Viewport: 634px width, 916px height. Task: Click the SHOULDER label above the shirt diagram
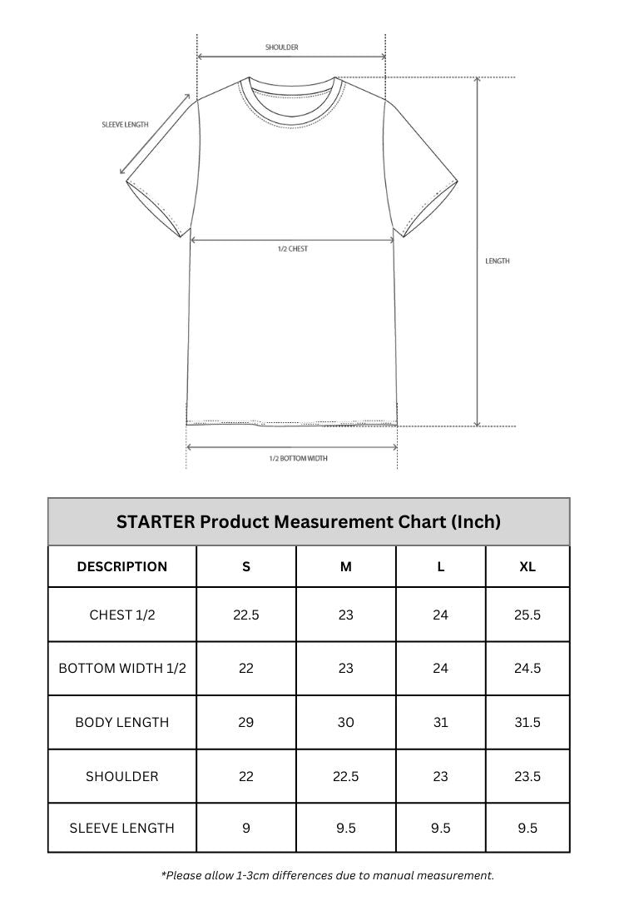coord(281,47)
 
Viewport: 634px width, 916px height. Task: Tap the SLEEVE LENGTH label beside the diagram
coord(125,125)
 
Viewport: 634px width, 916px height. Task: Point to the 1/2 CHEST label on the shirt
coord(293,249)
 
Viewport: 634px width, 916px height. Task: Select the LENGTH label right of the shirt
coord(498,261)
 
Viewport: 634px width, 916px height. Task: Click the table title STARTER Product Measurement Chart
coord(309,522)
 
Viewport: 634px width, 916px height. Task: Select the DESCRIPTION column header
coord(122,567)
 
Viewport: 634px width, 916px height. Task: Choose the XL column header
coord(528,567)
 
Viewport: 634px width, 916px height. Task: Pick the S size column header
coord(246,567)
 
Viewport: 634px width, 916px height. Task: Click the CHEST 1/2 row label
coord(122,615)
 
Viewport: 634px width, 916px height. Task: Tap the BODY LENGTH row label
coord(122,723)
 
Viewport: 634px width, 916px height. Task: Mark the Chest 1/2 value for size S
coord(246,615)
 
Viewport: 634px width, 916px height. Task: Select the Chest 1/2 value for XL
coord(528,615)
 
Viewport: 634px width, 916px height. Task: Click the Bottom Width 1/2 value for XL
coord(528,669)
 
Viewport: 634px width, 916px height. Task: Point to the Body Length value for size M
coord(346,723)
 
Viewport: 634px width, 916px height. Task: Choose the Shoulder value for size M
coord(346,776)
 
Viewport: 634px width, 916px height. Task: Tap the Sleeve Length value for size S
coord(246,829)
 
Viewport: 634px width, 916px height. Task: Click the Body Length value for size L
coord(441,723)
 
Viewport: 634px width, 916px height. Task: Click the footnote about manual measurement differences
coord(328,875)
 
